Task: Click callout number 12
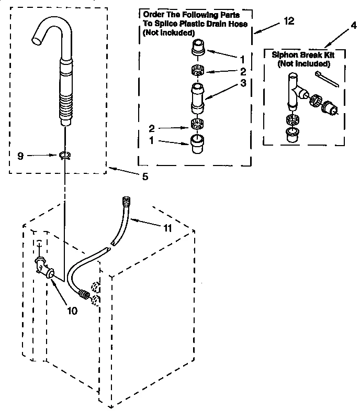tap(288, 21)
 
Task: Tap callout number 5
tap(145, 177)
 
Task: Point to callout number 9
tap(20, 156)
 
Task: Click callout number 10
tap(72, 310)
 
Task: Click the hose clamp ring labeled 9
tap(64, 155)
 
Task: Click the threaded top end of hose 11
tap(125, 201)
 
